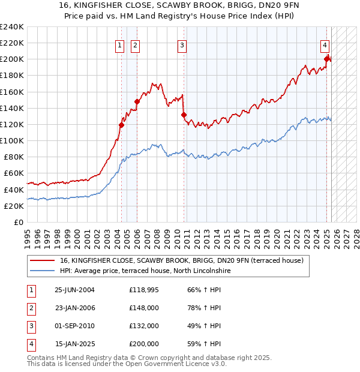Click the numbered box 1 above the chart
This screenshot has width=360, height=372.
click(x=120, y=44)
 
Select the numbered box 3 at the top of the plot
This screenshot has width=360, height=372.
click(x=182, y=44)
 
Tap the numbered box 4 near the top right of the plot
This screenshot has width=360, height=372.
click(x=325, y=44)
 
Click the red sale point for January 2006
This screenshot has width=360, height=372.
click(x=137, y=101)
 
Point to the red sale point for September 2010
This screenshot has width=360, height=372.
click(x=184, y=115)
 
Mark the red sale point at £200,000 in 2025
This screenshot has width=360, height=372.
click(x=327, y=59)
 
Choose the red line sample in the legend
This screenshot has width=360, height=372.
click(x=43, y=260)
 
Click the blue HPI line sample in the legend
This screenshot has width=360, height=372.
click(x=43, y=271)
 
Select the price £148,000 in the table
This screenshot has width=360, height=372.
click(x=144, y=308)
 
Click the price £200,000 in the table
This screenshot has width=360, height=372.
click(x=144, y=344)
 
